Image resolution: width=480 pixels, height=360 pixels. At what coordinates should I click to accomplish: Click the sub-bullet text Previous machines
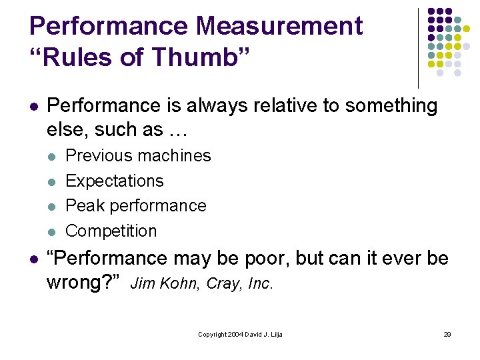[139, 156]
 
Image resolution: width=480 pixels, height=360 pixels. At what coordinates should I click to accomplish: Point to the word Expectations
[115, 181]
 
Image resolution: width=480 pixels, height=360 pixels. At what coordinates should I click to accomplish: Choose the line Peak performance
[136, 206]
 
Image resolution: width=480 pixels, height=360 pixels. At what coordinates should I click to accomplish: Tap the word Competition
[111, 231]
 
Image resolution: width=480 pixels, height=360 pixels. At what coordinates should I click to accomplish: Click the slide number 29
[447, 334]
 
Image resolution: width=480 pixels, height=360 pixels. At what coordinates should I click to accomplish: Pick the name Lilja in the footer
[275, 334]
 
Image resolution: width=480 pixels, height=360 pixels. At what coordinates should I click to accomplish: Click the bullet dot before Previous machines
[52, 157]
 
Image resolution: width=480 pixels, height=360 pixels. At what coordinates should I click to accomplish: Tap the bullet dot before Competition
[52, 232]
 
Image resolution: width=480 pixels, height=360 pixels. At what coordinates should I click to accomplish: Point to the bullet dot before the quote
[33, 259]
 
